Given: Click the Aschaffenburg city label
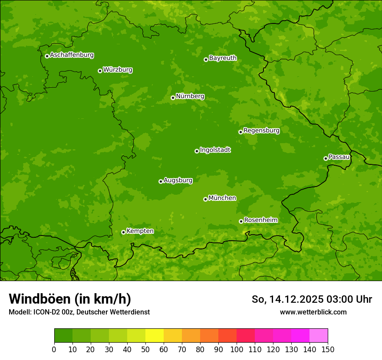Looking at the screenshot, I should (x=72, y=55).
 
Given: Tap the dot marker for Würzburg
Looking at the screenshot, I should (x=100, y=71).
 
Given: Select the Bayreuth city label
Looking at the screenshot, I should (x=223, y=58).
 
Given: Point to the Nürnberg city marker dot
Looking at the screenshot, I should (x=173, y=98).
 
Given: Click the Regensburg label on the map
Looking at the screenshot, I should (x=261, y=131).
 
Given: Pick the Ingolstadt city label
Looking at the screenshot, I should (x=215, y=150).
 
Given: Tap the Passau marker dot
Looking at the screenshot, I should (x=326, y=158).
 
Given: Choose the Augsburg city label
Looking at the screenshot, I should (x=178, y=180).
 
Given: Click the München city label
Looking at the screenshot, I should (x=222, y=198).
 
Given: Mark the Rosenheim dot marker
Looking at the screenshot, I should (x=241, y=221).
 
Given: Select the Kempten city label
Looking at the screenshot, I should (x=140, y=231).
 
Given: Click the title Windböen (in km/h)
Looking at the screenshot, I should (x=70, y=299).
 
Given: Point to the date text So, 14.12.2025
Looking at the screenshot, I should (x=287, y=299).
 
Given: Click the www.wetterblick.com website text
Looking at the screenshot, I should (x=313, y=312).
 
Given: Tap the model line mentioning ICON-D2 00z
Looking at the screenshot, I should (x=79, y=312).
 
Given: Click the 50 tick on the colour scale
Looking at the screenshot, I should (x=145, y=349).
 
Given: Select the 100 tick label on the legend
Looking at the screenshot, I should (x=237, y=349).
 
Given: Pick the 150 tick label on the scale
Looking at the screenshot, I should (x=328, y=349).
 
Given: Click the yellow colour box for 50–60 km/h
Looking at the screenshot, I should (x=155, y=336).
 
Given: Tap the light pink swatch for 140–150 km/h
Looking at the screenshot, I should (x=319, y=336).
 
